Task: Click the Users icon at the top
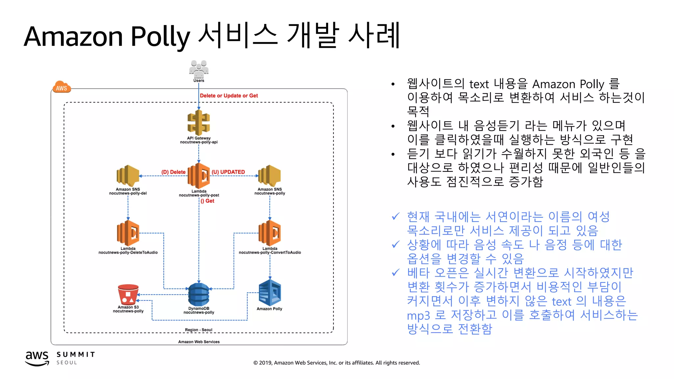coord(198,69)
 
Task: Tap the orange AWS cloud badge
coord(62,87)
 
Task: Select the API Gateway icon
coord(198,123)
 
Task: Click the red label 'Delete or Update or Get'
coord(229,96)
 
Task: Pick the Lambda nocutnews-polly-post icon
coord(199,176)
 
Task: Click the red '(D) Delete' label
coord(173,172)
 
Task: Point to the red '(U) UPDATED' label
coord(228,172)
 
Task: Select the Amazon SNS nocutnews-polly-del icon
coord(128,176)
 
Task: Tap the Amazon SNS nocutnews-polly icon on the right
coord(270,176)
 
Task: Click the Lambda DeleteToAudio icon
coord(128,233)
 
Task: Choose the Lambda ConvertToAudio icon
coord(270,233)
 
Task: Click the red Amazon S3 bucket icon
coord(128,294)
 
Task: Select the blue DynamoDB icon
coord(199,294)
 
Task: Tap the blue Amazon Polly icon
coord(270,293)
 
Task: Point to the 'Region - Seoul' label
coord(198,330)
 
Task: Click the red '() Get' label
coord(207,201)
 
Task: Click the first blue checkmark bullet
coord(396,216)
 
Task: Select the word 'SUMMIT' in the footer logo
coord(76,354)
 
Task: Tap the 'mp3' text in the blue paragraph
coord(418,316)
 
